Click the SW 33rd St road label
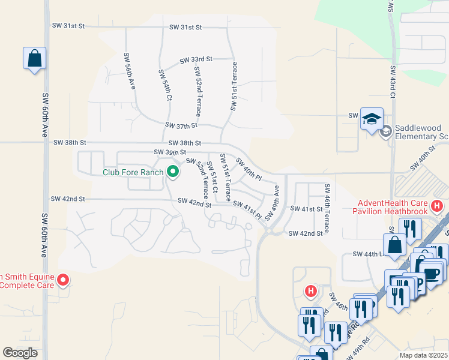[196, 59]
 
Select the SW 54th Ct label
[164, 84]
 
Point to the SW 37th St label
[181, 125]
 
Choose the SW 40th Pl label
[249, 169]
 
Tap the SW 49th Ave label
[273, 203]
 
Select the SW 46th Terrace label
[327, 208]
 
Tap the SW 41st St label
[307, 208]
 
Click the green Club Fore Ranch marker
[173, 172]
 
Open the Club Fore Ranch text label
[133, 173]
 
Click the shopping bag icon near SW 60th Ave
[34, 59]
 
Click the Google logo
[20, 352]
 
